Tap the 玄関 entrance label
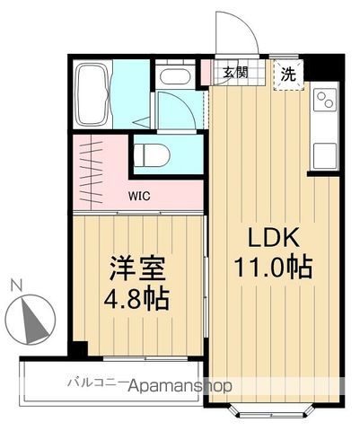[236, 73]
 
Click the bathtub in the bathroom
[91, 93]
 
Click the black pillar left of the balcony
[79, 351]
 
